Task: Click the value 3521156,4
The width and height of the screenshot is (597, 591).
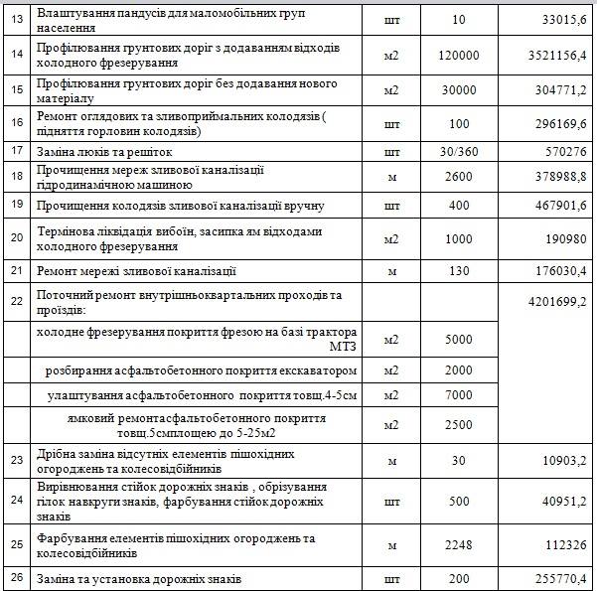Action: click(551, 57)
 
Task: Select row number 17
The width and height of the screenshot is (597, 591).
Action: click(15, 152)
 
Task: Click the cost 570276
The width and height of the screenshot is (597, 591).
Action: click(565, 152)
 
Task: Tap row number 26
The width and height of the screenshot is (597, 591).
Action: click(15, 579)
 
